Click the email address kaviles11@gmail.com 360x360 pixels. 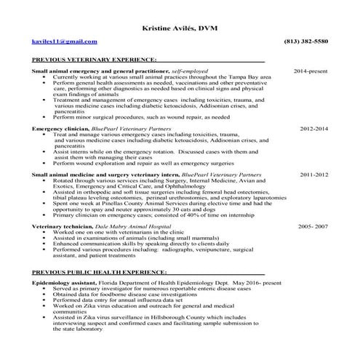64,41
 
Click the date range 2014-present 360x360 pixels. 311,71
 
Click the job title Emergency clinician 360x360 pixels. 60,127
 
